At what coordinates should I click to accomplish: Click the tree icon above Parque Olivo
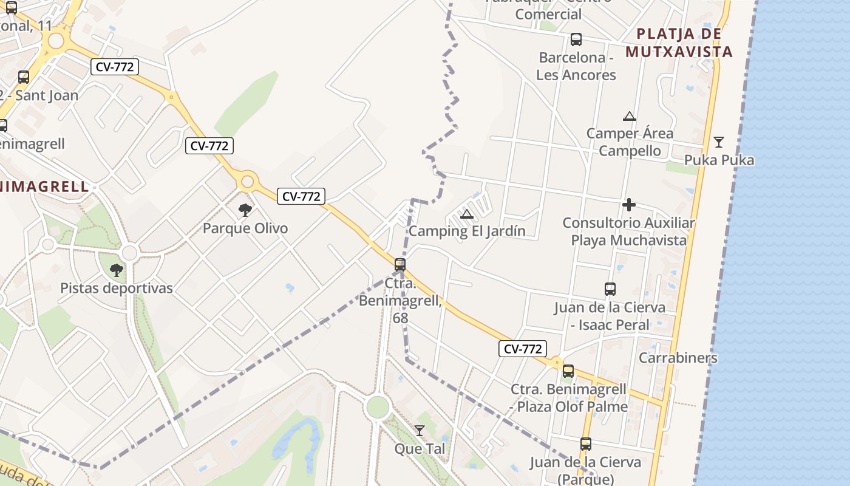click(x=245, y=210)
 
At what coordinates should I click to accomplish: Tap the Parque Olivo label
click(x=245, y=228)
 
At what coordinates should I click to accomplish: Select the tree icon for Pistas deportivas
click(x=116, y=270)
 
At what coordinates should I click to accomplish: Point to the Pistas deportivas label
click(x=117, y=288)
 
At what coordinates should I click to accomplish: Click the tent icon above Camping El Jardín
click(x=466, y=213)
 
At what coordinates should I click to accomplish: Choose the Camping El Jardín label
click(x=467, y=231)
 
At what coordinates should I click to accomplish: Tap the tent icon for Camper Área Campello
click(x=630, y=116)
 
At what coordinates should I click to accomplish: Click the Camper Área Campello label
click(x=630, y=142)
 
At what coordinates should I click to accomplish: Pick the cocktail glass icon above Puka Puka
click(x=719, y=142)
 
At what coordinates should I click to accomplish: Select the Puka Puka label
click(x=719, y=160)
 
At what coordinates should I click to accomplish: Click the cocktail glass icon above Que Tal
click(x=420, y=431)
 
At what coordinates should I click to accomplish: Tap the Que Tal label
click(x=420, y=448)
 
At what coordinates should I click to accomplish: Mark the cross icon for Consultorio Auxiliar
click(x=628, y=205)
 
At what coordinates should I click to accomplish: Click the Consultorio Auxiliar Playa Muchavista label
click(x=628, y=231)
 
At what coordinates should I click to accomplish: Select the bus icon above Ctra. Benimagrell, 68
click(x=400, y=264)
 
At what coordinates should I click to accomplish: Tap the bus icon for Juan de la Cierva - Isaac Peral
click(x=610, y=289)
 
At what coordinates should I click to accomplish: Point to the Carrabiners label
click(x=678, y=357)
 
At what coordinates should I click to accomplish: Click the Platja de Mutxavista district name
click(x=679, y=43)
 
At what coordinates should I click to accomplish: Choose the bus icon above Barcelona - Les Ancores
click(x=576, y=39)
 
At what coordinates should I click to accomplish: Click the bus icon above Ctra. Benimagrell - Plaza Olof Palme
click(x=568, y=371)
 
